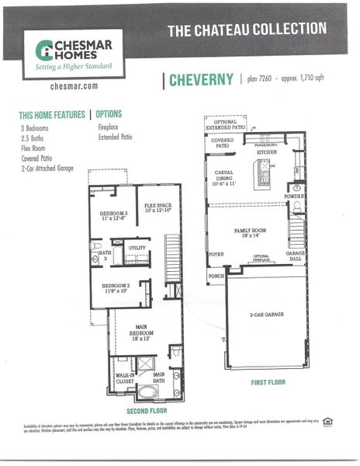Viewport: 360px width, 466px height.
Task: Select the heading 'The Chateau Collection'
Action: [x=247, y=30]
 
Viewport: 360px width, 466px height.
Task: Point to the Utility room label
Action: [x=137, y=248]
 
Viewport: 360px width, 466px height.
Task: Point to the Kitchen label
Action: [x=267, y=152]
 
